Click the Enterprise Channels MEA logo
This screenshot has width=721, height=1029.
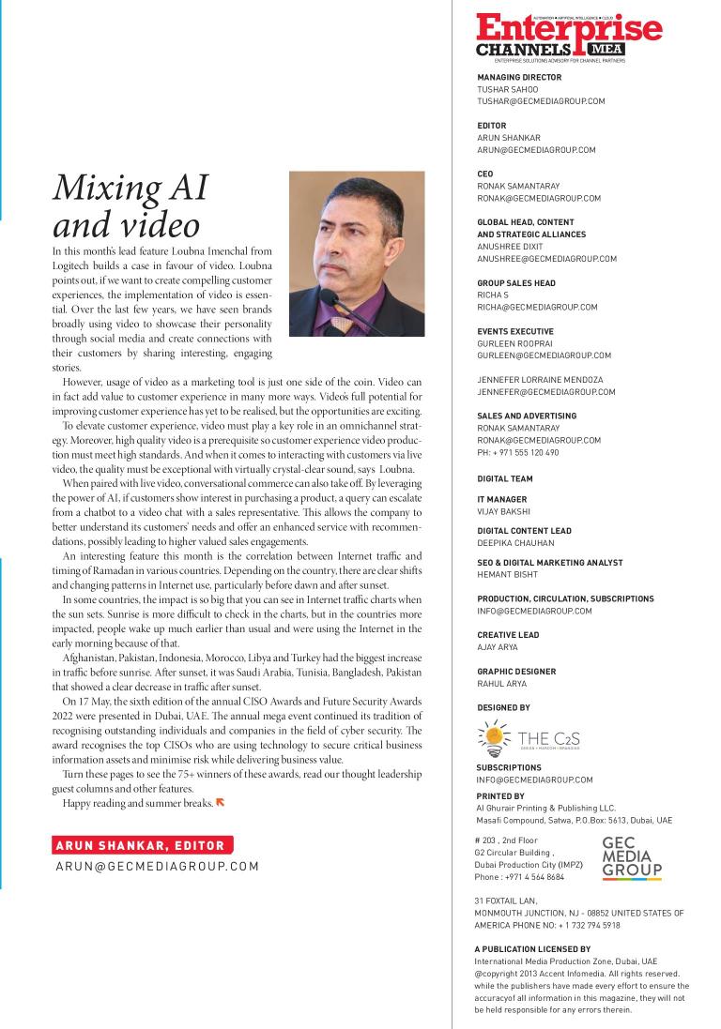pyautogui.click(x=568, y=37)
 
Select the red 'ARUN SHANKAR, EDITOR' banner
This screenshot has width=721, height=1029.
pyautogui.click(x=144, y=844)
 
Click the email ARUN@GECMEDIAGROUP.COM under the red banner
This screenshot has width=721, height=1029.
pyautogui.click(x=157, y=867)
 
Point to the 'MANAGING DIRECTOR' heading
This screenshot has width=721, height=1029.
pyautogui.click(x=519, y=78)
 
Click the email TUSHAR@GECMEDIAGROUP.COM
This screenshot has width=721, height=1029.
pyautogui.click(x=541, y=101)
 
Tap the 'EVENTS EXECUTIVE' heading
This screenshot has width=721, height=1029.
pyautogui.click(x=515, y=331)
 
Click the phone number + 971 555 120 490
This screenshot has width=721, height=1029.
pyautogui.click(x=518, y=452)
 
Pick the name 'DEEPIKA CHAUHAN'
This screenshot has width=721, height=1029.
pyautogui.click(x=515, y=543)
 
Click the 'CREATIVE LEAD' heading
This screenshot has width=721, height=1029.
pyautogui.click(x=508, y=635)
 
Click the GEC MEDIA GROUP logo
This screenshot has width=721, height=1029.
pyautogui.click(x=632, y=857)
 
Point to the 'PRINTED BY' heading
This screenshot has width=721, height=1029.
pyautogui.click(x=500, y=796)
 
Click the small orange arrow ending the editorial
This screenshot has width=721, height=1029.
pyautogui.click(x=221, y=802)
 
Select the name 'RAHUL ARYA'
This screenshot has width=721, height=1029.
pyautogui.click(x=503, y=683)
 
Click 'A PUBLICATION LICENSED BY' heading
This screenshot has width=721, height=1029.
pyautogui.click(x=533, y=949)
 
